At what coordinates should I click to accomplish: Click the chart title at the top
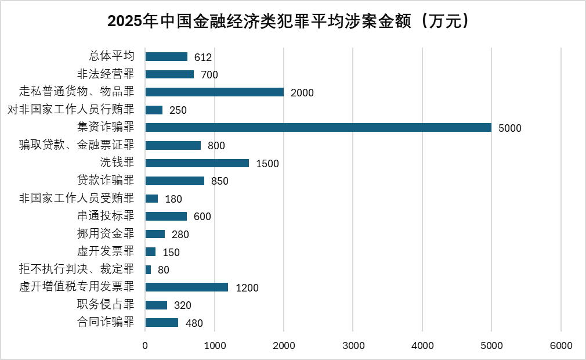pos(288,21)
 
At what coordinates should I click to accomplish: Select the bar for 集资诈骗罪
pos(318,128)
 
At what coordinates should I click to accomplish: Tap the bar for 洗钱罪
pos(197,163)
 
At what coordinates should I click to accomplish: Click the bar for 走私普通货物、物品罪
pos(214,92)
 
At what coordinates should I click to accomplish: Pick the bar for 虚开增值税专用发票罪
pos(186,287)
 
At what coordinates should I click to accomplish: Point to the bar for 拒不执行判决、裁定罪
pos(148,269)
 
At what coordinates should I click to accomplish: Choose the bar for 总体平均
pos(166,57)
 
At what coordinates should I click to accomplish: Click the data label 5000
pos(510,128)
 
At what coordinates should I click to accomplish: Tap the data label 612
pos(203,57)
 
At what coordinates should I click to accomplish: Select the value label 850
pos(220,181)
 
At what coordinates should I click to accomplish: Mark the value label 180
pos(173,199)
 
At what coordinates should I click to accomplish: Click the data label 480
pos(194,323)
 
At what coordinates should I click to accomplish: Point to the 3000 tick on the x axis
pos(353,345)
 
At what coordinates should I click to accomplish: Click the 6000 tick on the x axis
pos(561,345)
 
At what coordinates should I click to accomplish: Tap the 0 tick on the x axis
pos(145,345)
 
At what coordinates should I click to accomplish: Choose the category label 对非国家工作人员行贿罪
pos(71,110)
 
